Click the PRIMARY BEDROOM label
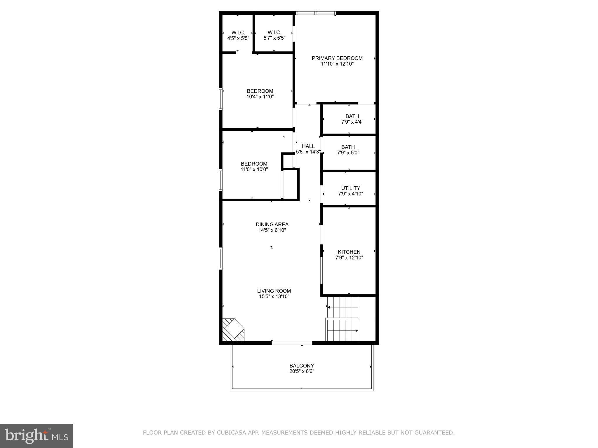tap(337, 58)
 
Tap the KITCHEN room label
tap(349, 252)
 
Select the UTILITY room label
tap(350, 188)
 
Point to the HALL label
tap(308, 146)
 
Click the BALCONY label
tap(302, 366)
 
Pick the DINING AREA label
tap(272, 225)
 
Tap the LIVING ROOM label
tap(274, 291)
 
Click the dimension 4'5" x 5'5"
tap(238, 38)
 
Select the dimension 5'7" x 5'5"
tap(274, 38)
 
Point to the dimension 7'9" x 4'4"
tap(352, 122)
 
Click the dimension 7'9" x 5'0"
tap(348, 153)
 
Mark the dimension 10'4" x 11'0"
tap(260, 97)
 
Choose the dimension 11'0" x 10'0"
tap(254, 169)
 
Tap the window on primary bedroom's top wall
tap(316, 13)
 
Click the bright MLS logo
tap(36, 436)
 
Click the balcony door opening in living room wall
tap(292, 343)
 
